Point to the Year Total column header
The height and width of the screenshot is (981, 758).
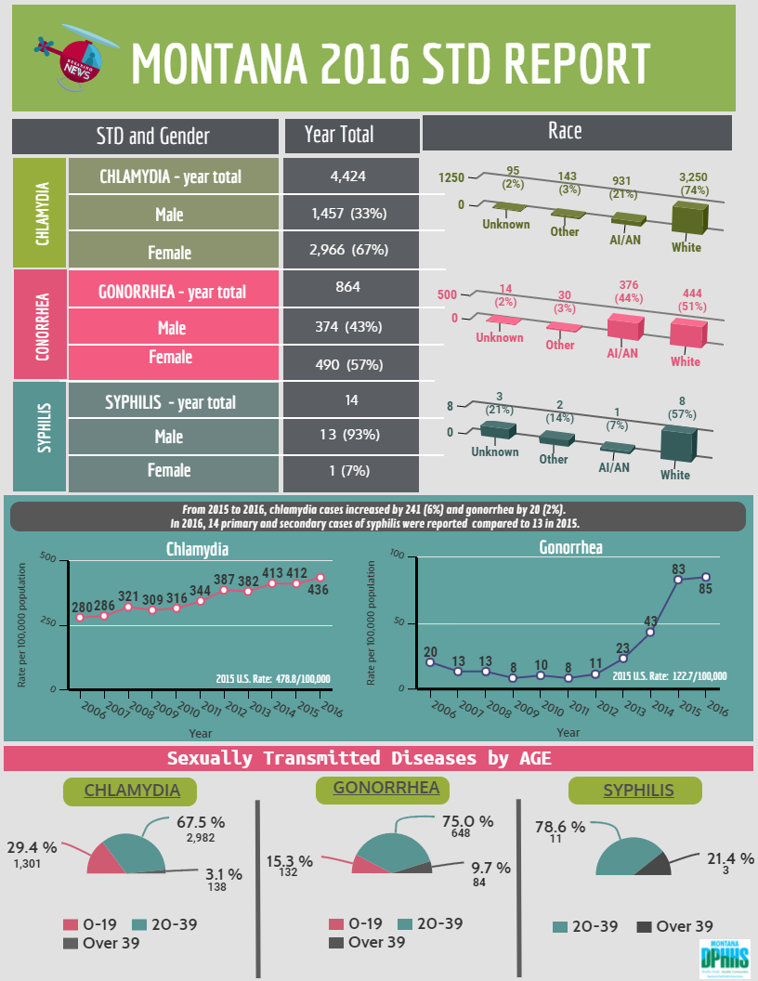pos(339,135)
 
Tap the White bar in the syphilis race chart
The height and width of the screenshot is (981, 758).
pos(678,444)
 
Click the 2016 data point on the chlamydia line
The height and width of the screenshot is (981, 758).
pos(320,578)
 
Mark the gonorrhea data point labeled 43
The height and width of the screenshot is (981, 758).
pos(650,632)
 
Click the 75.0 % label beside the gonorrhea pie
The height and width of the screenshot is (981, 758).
pos(467,821)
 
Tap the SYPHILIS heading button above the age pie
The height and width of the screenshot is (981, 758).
pos(638,791)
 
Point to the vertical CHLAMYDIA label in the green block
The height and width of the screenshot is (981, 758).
pos(41,213)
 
